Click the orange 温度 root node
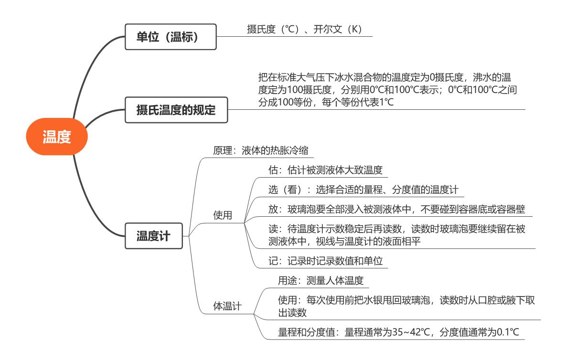point(57,137)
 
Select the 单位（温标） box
point(171,37)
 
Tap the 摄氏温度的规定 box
point(176,110)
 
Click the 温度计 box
point(154,236)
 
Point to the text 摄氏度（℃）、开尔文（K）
point(305,29)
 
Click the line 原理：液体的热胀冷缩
point(261,150)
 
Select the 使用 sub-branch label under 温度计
point(223,215)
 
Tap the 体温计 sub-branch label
point(227,306)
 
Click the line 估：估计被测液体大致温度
point(325,170)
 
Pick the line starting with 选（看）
point(363,190)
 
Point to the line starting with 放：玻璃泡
point(397,209)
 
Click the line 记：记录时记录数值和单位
point(325,261)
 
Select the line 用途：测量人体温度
point(320,280)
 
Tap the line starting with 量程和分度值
point(398,332)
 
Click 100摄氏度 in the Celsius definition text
point(309,90)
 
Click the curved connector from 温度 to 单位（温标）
point(87,69)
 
